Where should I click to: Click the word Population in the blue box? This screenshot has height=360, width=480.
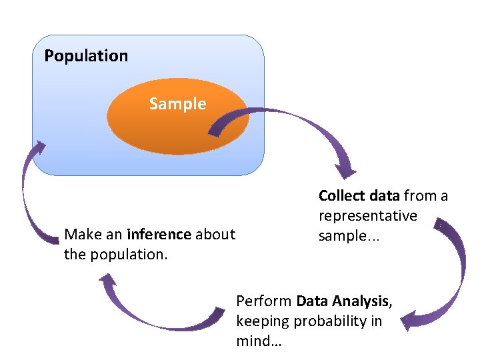(x=86, y=56)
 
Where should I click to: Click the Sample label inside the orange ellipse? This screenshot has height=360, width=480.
(x=177, y=104)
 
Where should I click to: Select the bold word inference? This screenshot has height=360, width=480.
(x=158, y=234)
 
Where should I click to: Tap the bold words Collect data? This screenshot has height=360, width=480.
(x=359, y=195)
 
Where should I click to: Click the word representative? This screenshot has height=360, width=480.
(x=367, y=215)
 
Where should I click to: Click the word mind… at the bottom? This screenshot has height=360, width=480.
(x=259, y=341)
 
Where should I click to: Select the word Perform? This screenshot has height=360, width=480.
(x=264, y=301)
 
